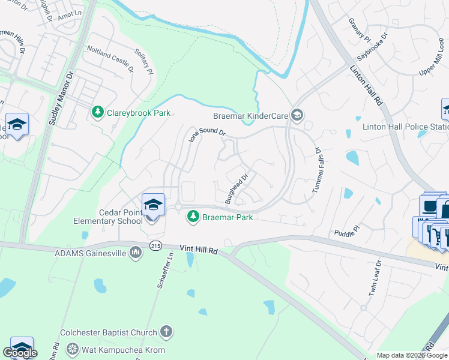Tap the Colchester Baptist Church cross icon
pyautogui.click(x=166, y=332)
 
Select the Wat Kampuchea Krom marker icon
pyautogui.click(x=73, y=349)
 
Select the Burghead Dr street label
pyautogui.click(x=237, y=188)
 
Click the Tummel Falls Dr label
pyautogui.click(x=318, y=171)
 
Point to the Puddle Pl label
pyautogui.click(x=346, y=230)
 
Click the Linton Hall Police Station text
pyautogui.click(x=405, y=127)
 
